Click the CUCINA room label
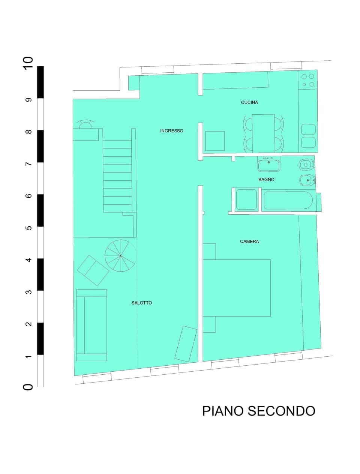[249, 102]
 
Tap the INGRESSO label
[171, 131]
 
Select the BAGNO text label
[266, 179]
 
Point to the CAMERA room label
[249, 242]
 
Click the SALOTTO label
[142, 303]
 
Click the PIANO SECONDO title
[258, 411]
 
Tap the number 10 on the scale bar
[28, 62]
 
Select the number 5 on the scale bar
[28, 228]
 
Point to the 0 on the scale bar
[28, 387]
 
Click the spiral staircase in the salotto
[120, 256]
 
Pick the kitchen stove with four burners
[307, 80]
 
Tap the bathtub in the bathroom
[288, 200]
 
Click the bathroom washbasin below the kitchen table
[269, 164]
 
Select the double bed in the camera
[237, 288]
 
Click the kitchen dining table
[263, 133]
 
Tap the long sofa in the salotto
[91, 325]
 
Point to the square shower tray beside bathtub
[246, 200]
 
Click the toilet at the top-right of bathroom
[306, 164]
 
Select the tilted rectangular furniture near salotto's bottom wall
[186, 344]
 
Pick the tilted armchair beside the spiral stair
[93, 270]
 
